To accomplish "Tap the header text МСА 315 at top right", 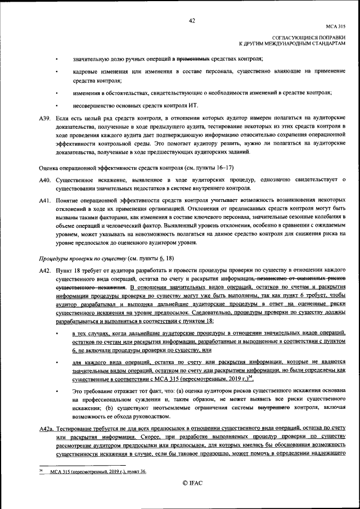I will pyautogui.click(x=336, y=26).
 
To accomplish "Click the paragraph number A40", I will pyautogui.click(x=45, y=179).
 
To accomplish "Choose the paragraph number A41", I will pyautogui.click(x=45, y=201).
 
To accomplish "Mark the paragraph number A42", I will pyautogui.click(x=45, y=271).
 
